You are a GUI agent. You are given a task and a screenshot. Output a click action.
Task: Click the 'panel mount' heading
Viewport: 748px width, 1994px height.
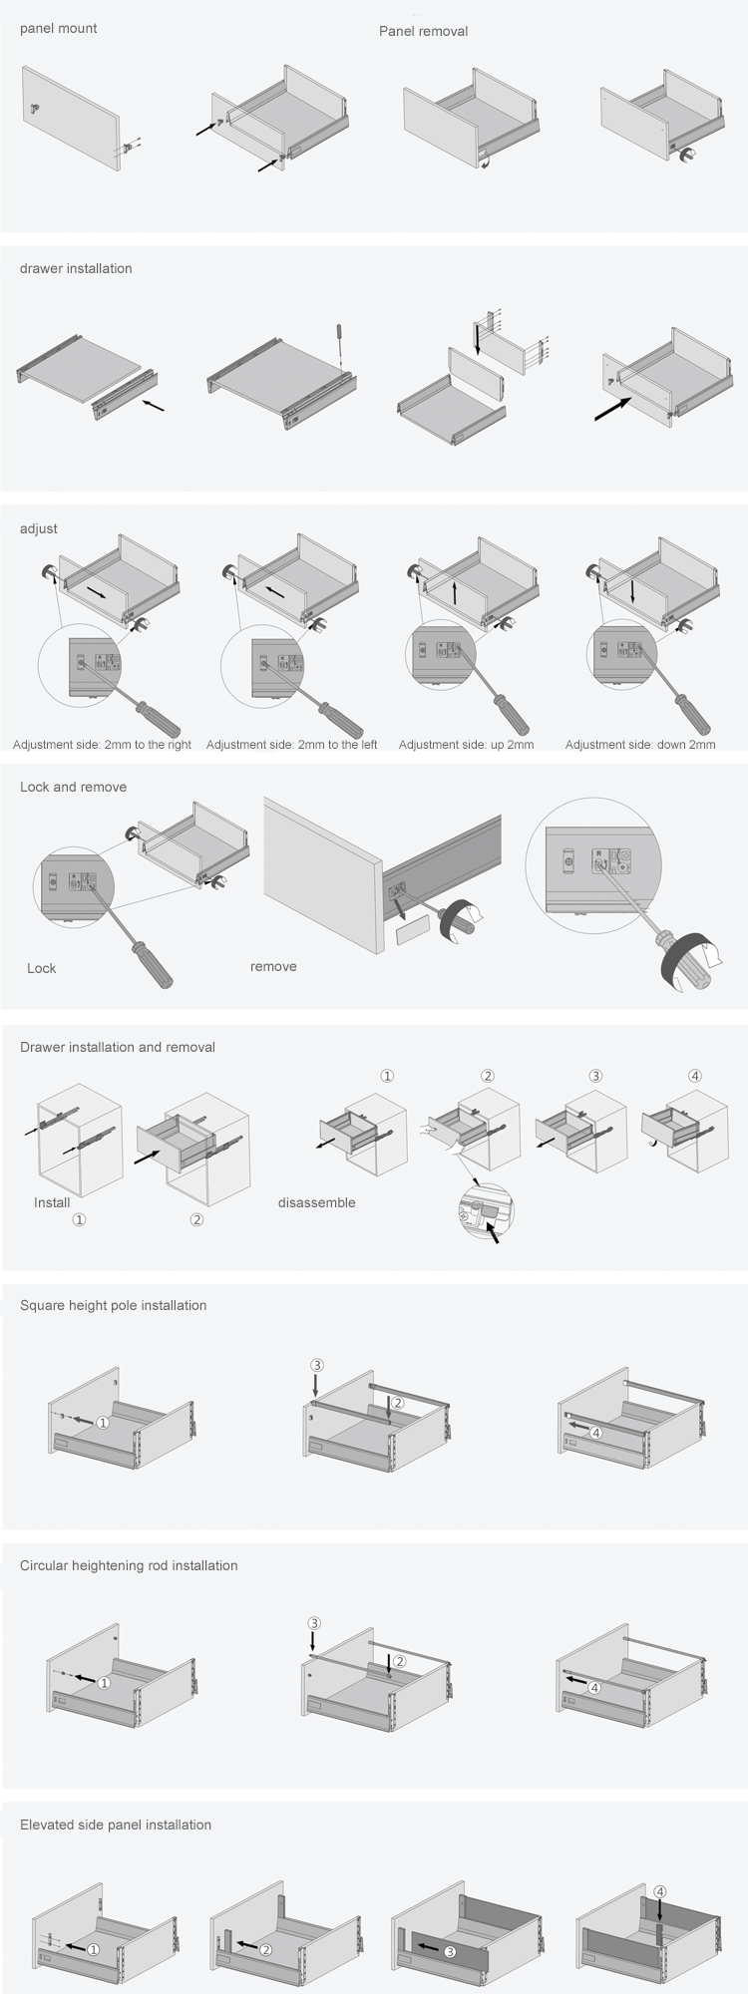(59, 29)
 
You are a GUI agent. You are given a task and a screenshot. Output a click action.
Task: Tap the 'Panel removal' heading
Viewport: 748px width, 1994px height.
(423, 32)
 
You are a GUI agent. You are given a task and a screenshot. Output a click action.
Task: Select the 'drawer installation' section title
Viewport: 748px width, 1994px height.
(76, 269)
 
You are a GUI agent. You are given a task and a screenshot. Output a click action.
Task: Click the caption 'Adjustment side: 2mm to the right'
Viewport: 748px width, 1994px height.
(102, 745)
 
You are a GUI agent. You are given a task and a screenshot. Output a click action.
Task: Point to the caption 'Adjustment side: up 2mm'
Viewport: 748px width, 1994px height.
(466, 745)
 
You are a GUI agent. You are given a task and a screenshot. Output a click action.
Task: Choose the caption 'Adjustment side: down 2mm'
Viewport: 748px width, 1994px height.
(640, 745)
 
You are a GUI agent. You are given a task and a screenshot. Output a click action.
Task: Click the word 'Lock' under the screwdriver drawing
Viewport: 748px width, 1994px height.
(42, 968)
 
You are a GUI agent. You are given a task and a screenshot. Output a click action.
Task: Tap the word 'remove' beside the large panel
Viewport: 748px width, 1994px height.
(273, 967)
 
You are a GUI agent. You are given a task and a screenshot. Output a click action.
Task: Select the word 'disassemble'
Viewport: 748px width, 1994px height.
(317, 1203)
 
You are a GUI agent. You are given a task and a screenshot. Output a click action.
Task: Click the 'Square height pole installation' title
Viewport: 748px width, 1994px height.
(114, 1306)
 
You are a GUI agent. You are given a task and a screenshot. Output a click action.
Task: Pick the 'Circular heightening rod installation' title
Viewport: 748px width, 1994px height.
(129, 1566)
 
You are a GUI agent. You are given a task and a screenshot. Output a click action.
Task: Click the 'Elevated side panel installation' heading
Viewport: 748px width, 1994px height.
(116, 1826)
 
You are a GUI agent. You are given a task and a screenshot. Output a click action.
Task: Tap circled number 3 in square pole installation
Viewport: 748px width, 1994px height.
(316, 1365)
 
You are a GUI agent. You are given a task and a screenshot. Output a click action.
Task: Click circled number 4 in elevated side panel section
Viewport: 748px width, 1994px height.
(660, 1891)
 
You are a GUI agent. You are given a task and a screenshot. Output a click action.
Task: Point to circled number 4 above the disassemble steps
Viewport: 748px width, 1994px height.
(695, 1076)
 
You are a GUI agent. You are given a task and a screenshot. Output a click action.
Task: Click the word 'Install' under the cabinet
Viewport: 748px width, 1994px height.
(52, 1203)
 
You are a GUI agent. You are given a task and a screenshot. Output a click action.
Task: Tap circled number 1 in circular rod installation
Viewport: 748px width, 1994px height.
(104, 1683)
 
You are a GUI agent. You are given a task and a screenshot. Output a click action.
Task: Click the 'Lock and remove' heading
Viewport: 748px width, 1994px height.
(74, 788)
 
